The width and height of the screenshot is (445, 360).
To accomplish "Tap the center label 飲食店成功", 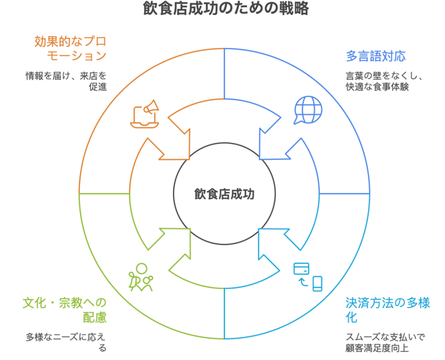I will click(224, 194).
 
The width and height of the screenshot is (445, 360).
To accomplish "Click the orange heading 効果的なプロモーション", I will click(71, 49).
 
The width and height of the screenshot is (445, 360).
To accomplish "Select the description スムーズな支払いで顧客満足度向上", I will click(385, 342).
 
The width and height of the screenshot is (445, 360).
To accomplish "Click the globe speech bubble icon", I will click(307, 110).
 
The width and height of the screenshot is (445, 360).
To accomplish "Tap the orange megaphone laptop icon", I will click(145, 115).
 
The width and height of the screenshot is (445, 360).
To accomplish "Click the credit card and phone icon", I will click(308, 277).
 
